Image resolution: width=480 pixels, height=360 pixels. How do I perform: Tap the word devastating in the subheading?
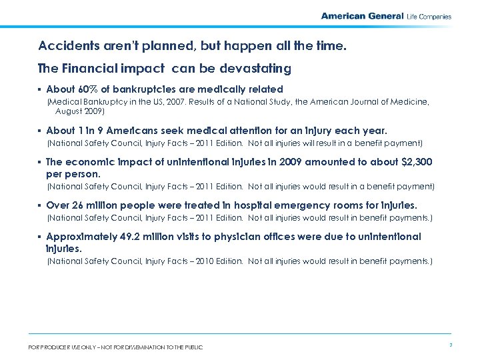(x=257, y=68)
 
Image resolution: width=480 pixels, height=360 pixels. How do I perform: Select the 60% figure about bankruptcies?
(x=83, y=89)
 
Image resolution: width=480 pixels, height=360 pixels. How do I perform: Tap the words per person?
(x=69, y=173)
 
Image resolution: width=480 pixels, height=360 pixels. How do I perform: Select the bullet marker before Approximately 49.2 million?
(x=41, y=237)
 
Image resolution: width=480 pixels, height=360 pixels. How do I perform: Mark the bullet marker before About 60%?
(x=41, y=90)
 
